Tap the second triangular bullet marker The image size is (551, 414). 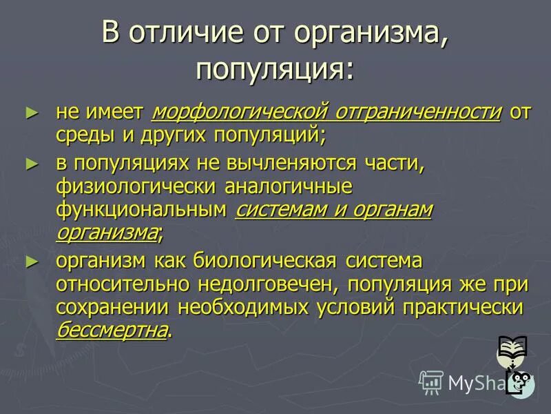coord(29,164)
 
